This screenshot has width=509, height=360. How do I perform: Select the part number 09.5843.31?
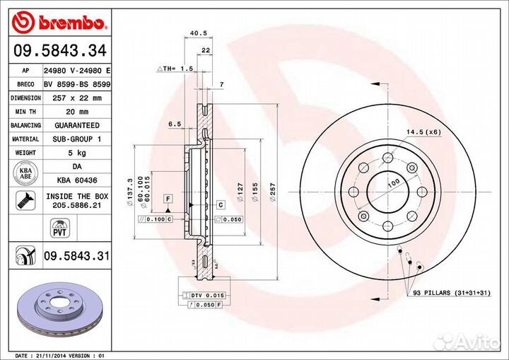point(77,256)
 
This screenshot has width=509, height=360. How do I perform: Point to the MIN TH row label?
point(25,111)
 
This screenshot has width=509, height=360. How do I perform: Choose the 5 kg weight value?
point(77,152)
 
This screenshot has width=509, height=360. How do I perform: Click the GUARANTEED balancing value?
point(77,124)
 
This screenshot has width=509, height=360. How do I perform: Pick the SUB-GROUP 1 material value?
point(77,139)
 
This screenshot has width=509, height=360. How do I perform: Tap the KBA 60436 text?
point(77,180)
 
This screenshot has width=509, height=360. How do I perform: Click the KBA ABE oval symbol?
point(25,173)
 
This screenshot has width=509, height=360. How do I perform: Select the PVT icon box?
point(59,227)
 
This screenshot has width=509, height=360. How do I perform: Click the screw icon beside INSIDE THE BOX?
point(25,200)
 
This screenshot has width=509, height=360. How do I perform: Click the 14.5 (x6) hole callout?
point(423,132)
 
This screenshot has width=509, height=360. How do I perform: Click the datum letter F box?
point(168,198)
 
